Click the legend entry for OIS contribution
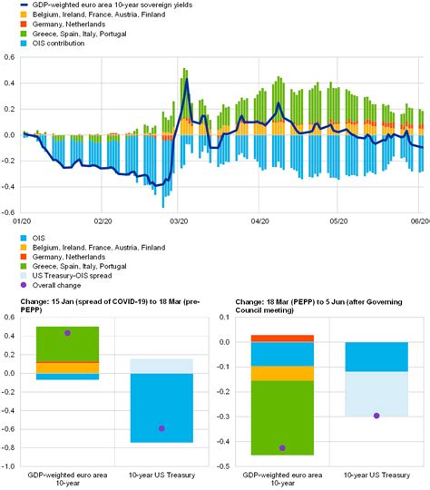(x=53, y=44)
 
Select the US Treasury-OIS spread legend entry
(x=66, y=276)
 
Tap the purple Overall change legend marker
(x=24, y=285)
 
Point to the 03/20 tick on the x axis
(x=179, y=221)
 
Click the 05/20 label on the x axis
(x=338, y=221)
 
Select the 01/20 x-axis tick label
(x=22, y=221)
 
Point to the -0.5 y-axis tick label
(x=223, y=465)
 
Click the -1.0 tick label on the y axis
(x=8, y=465)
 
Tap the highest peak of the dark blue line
(x=187, y=79)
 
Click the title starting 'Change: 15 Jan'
(x=110, y=306)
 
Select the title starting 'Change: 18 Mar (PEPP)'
(x=318, y=306)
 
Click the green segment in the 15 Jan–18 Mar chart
(x=67, y=344)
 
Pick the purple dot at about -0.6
(x=161, y=428)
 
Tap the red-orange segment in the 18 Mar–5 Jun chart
(x=282, y=338)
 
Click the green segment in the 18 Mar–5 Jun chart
(x=282, y=417)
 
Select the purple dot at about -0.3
(x=376, y=416)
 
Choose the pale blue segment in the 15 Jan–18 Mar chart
(x=161, y=367)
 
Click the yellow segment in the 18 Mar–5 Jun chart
(x=282, y=374)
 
